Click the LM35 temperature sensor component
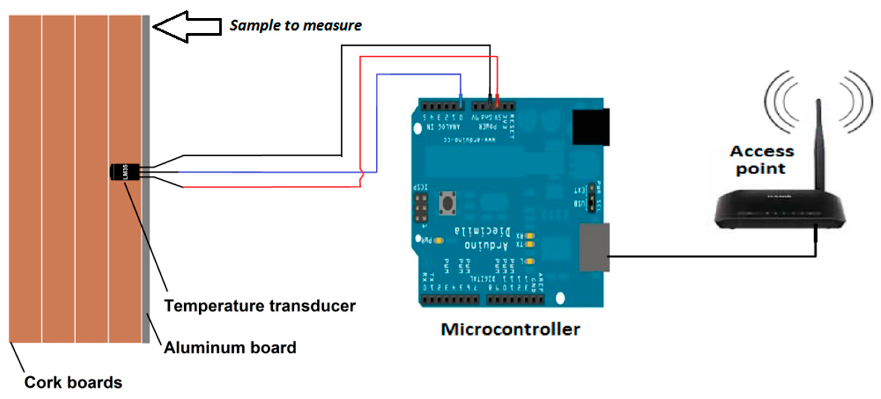[124, 172]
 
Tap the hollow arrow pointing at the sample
[187, 27]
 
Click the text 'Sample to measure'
[295, 26]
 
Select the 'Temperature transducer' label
[260, 306]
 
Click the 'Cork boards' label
[73, 382]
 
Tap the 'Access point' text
[762, 160]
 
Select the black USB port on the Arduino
[591, 127]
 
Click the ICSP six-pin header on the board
[421, 207]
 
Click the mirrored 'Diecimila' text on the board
[483, 231]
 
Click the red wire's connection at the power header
[497, 101]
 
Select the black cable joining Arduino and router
[711, 256]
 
